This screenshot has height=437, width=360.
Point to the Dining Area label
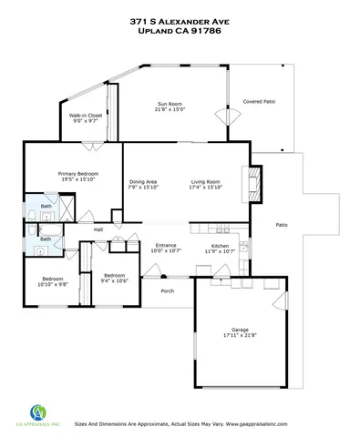143,181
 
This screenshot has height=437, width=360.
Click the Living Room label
206,181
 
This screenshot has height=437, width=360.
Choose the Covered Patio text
260,101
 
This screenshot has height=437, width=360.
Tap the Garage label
240,330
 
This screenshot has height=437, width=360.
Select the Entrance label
166,245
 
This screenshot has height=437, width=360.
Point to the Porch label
167,291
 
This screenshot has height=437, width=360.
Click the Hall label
98,229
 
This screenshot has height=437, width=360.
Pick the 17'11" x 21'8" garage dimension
240,337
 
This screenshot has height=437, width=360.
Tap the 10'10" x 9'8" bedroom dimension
52,284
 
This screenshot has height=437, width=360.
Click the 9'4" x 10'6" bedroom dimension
115,281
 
